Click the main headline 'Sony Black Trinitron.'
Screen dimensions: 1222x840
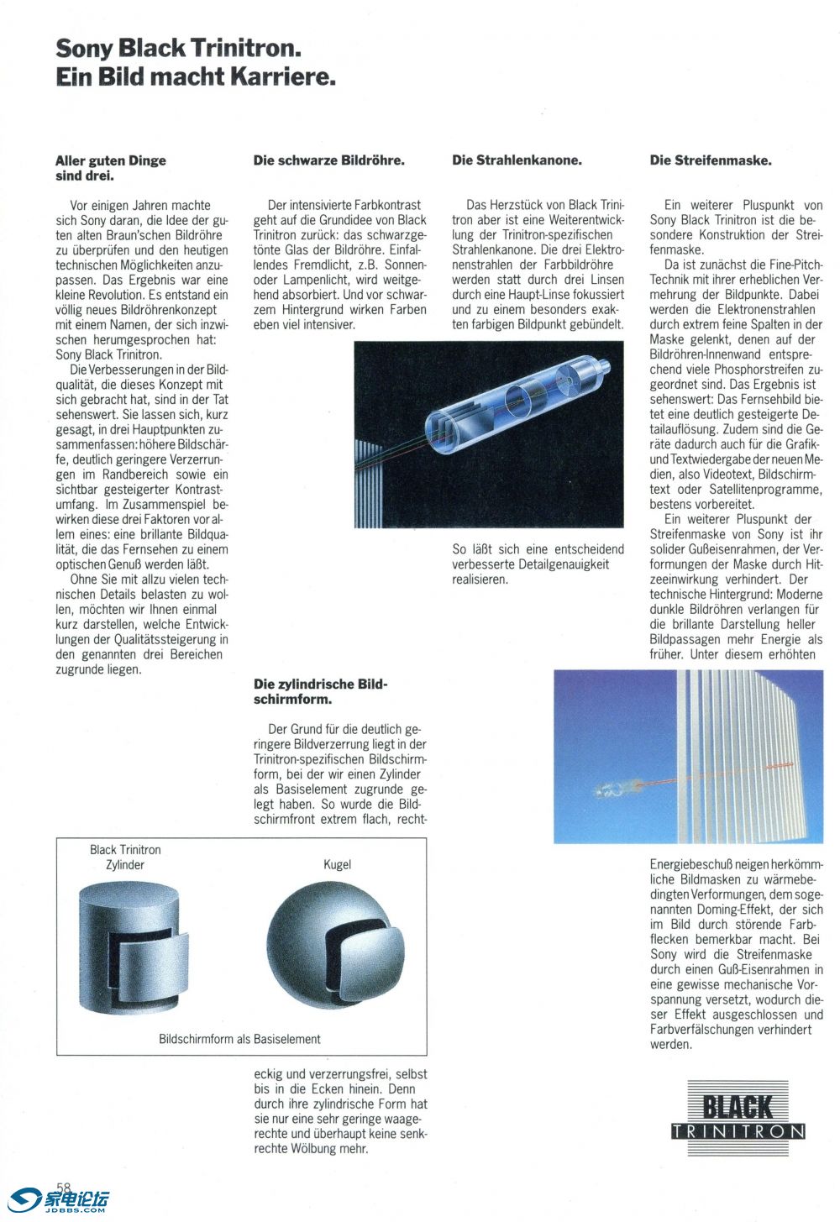(178, 48)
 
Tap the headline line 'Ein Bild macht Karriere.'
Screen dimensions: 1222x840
(196, 77)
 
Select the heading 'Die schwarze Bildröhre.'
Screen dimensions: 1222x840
(328, 160)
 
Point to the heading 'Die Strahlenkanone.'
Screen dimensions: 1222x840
(517, 160)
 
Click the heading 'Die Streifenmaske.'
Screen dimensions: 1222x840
(711, 160)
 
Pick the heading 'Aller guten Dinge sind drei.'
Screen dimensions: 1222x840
(110, 168)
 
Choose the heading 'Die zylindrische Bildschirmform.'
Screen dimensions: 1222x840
(320, 691)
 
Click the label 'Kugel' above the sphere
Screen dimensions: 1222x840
(337, 864)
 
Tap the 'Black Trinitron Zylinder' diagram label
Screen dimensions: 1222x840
(125, 857)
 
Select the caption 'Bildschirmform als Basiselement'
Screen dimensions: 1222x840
(239, 1039)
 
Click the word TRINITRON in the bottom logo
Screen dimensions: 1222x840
(738, 1131)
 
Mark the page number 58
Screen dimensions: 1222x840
(64, 1187)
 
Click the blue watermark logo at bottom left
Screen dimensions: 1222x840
(59, 1201)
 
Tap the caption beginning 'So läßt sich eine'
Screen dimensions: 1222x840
(538, 564)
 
